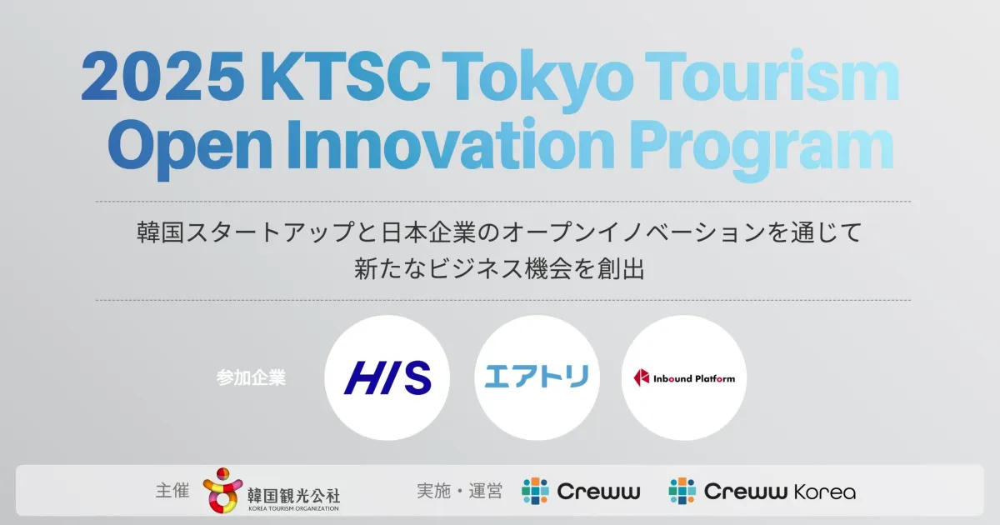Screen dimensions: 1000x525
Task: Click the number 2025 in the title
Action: (x=163, y=77)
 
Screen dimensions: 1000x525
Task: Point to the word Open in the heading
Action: (x=189, y=147)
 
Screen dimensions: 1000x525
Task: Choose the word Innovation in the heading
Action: (x=451, y=142)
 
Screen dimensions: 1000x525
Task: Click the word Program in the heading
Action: (x=762, y=148)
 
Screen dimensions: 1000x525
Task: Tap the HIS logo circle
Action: (x=387, y=377)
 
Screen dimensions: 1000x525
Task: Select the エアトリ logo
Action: (x=537, y=377)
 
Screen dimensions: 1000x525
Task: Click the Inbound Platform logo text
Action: (x=693, y=378)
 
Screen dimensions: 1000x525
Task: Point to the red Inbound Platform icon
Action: (x=642, y=377)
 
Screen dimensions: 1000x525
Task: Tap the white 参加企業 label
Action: (x=251, y=377)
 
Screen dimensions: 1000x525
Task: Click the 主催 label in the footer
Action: (x=172, y=491)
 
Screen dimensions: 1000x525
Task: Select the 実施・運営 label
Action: (x=459, y=491)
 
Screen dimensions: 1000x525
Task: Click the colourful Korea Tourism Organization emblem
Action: (x=222, y=490)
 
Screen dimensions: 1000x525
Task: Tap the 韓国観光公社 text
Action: (x=293, y=495)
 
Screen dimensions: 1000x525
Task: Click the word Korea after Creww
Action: (x=824, y=492)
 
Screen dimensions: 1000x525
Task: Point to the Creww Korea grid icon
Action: (x=682, y=491)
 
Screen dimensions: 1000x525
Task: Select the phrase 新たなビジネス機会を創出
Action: (x=499, y=268)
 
